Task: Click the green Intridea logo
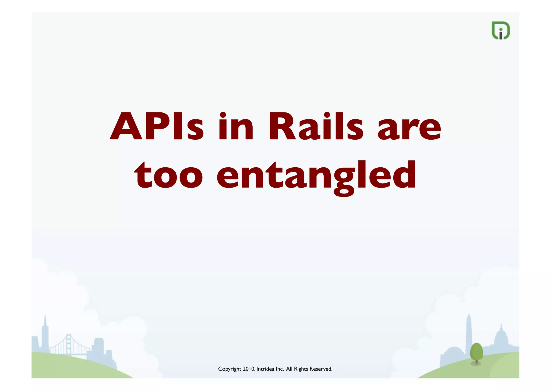pyautogui.click(x=500, y=30)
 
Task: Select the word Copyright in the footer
pyautogui.click(x=229, y=369)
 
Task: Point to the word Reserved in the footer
pyautogui.click(x=321, y=369)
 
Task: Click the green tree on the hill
pyautogui.click(x=476, y=351)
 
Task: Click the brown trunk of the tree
pyautogui.click(x=476, y=361)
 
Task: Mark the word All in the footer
pyautogui.click(x=289, y=369)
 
